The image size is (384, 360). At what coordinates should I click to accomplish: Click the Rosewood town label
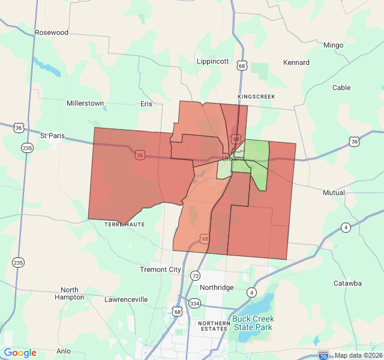(x=52, y=32)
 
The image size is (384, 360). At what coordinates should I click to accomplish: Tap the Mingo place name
(x=333, y=45)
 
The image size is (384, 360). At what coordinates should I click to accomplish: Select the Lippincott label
(x=212, y=61)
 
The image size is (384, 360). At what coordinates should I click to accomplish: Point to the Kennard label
(x=296, y=62)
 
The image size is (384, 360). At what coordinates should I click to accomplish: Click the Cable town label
(x=341, y=88)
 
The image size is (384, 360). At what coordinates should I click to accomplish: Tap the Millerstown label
(x=85, y=103)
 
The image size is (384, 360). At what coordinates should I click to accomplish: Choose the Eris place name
(x=146, y=104)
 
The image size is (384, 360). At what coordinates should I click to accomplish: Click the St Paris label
(x=52, y=136)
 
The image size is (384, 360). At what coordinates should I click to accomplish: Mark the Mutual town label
(x=334, y=193)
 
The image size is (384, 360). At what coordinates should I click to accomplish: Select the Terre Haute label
(x=124, y=224)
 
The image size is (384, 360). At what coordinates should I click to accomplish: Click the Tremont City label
(x=160, y=269)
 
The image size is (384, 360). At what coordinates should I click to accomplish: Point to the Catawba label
(x=347, y=283)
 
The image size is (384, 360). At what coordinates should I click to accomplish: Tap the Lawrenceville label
(x=126, y=299)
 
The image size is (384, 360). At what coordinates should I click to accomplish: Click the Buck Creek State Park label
(x=253, y=323)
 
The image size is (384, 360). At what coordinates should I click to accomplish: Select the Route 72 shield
(x=195, y=275)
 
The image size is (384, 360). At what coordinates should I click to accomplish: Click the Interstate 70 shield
(x=323, y=355)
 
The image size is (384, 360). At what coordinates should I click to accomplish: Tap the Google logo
(x=20, y=353)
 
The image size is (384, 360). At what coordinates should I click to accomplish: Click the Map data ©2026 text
(x=357, y=355)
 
